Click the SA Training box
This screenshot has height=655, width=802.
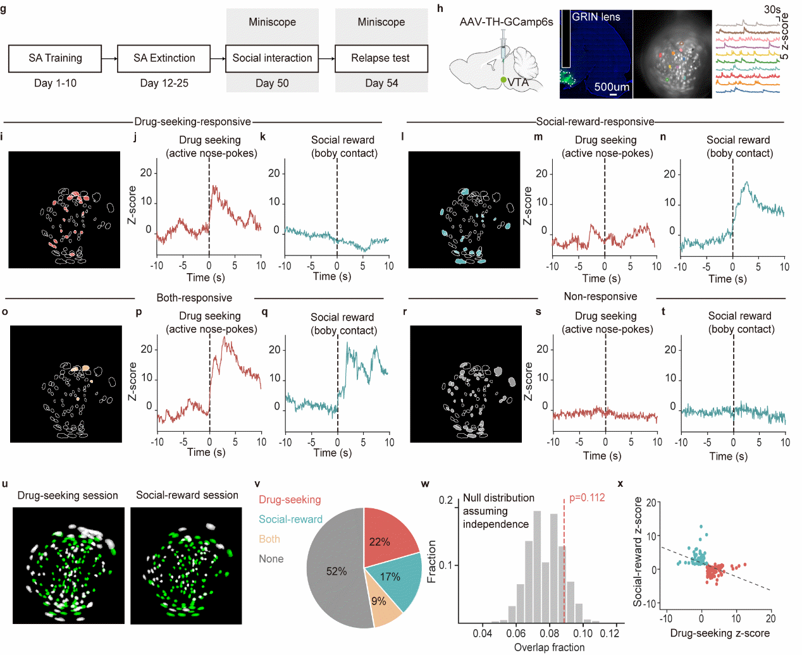(55, 58)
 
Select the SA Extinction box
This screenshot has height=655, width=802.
(164, 58)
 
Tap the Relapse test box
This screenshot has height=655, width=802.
(381, 58)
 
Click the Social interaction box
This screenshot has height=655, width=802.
(272, 58)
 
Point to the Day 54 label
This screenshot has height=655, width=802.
(381, 83)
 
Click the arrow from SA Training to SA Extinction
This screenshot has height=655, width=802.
(109, 58)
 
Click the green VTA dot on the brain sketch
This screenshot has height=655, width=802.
(503, 80)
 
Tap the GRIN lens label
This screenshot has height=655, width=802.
(596, 17)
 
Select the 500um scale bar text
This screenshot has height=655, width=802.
(612, 87)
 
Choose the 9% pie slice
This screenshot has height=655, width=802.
(381, 604)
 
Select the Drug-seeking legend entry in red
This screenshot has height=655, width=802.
(290, 499)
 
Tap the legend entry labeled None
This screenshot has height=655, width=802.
(271, 559)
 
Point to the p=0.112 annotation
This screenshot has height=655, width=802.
(587, 498)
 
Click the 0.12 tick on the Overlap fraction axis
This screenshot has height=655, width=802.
(610, 633)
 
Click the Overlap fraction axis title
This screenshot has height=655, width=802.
(549, 647)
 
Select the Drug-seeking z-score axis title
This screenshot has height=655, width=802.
(720, 633)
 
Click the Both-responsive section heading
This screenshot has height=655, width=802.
(194, 298)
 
